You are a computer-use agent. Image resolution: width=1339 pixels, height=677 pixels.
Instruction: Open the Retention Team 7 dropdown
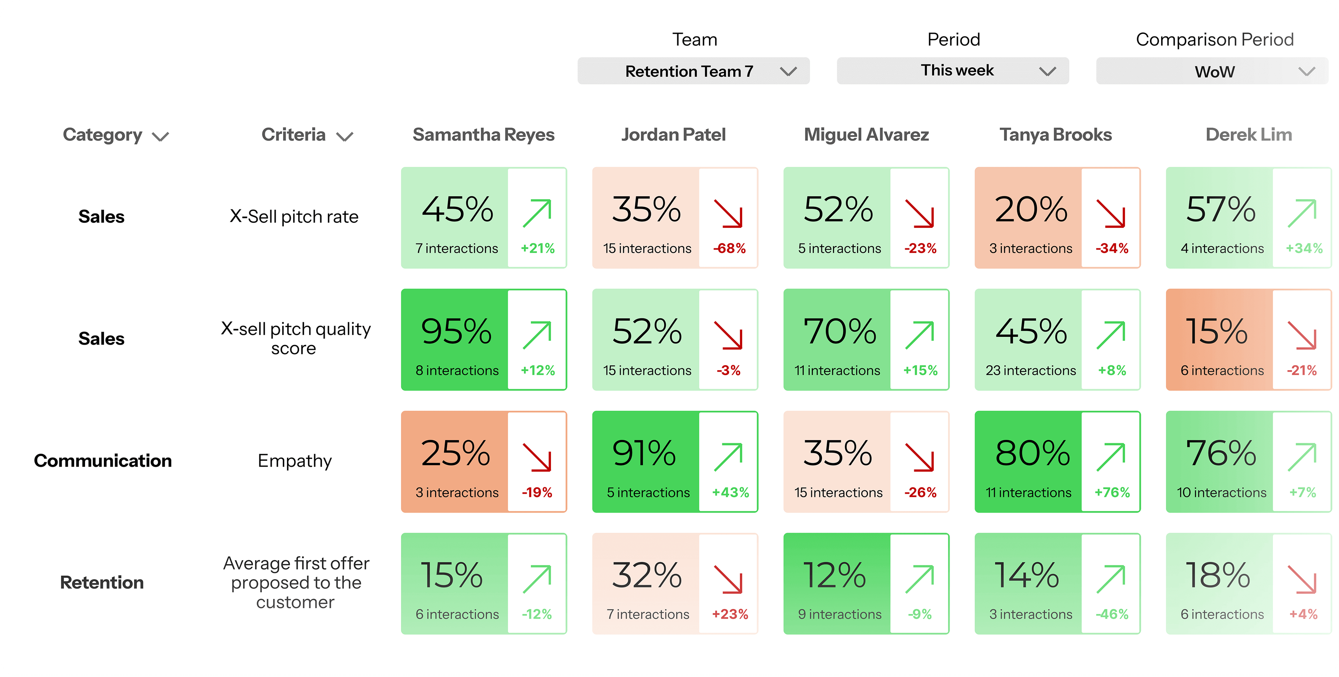click(693, 71)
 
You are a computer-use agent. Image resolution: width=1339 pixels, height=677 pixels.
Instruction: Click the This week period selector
click(952, 71)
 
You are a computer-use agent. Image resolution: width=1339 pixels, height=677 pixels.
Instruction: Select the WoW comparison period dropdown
click(1212, 71)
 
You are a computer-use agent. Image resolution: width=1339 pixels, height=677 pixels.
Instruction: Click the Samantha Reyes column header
click(483, 134)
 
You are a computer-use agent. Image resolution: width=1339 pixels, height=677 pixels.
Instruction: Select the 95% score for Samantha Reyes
click(456, 331)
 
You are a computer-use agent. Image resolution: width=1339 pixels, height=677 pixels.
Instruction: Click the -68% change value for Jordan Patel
click(729, 248)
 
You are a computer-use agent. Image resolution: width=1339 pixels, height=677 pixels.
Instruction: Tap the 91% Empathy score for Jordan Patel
click(644, 453)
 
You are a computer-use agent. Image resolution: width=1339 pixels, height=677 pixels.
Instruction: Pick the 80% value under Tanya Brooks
click(1032, 453)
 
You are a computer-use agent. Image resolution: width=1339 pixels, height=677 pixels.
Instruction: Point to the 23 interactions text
click(1030, 370)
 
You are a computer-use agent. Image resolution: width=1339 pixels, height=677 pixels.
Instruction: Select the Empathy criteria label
click(294, 461)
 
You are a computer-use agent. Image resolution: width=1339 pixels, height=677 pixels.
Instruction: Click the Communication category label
click(103, 461)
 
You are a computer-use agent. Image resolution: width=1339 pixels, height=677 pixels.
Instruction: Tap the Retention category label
click(102, 583)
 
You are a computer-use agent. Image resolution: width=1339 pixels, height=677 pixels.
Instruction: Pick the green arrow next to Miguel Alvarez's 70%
click(920, 335)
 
